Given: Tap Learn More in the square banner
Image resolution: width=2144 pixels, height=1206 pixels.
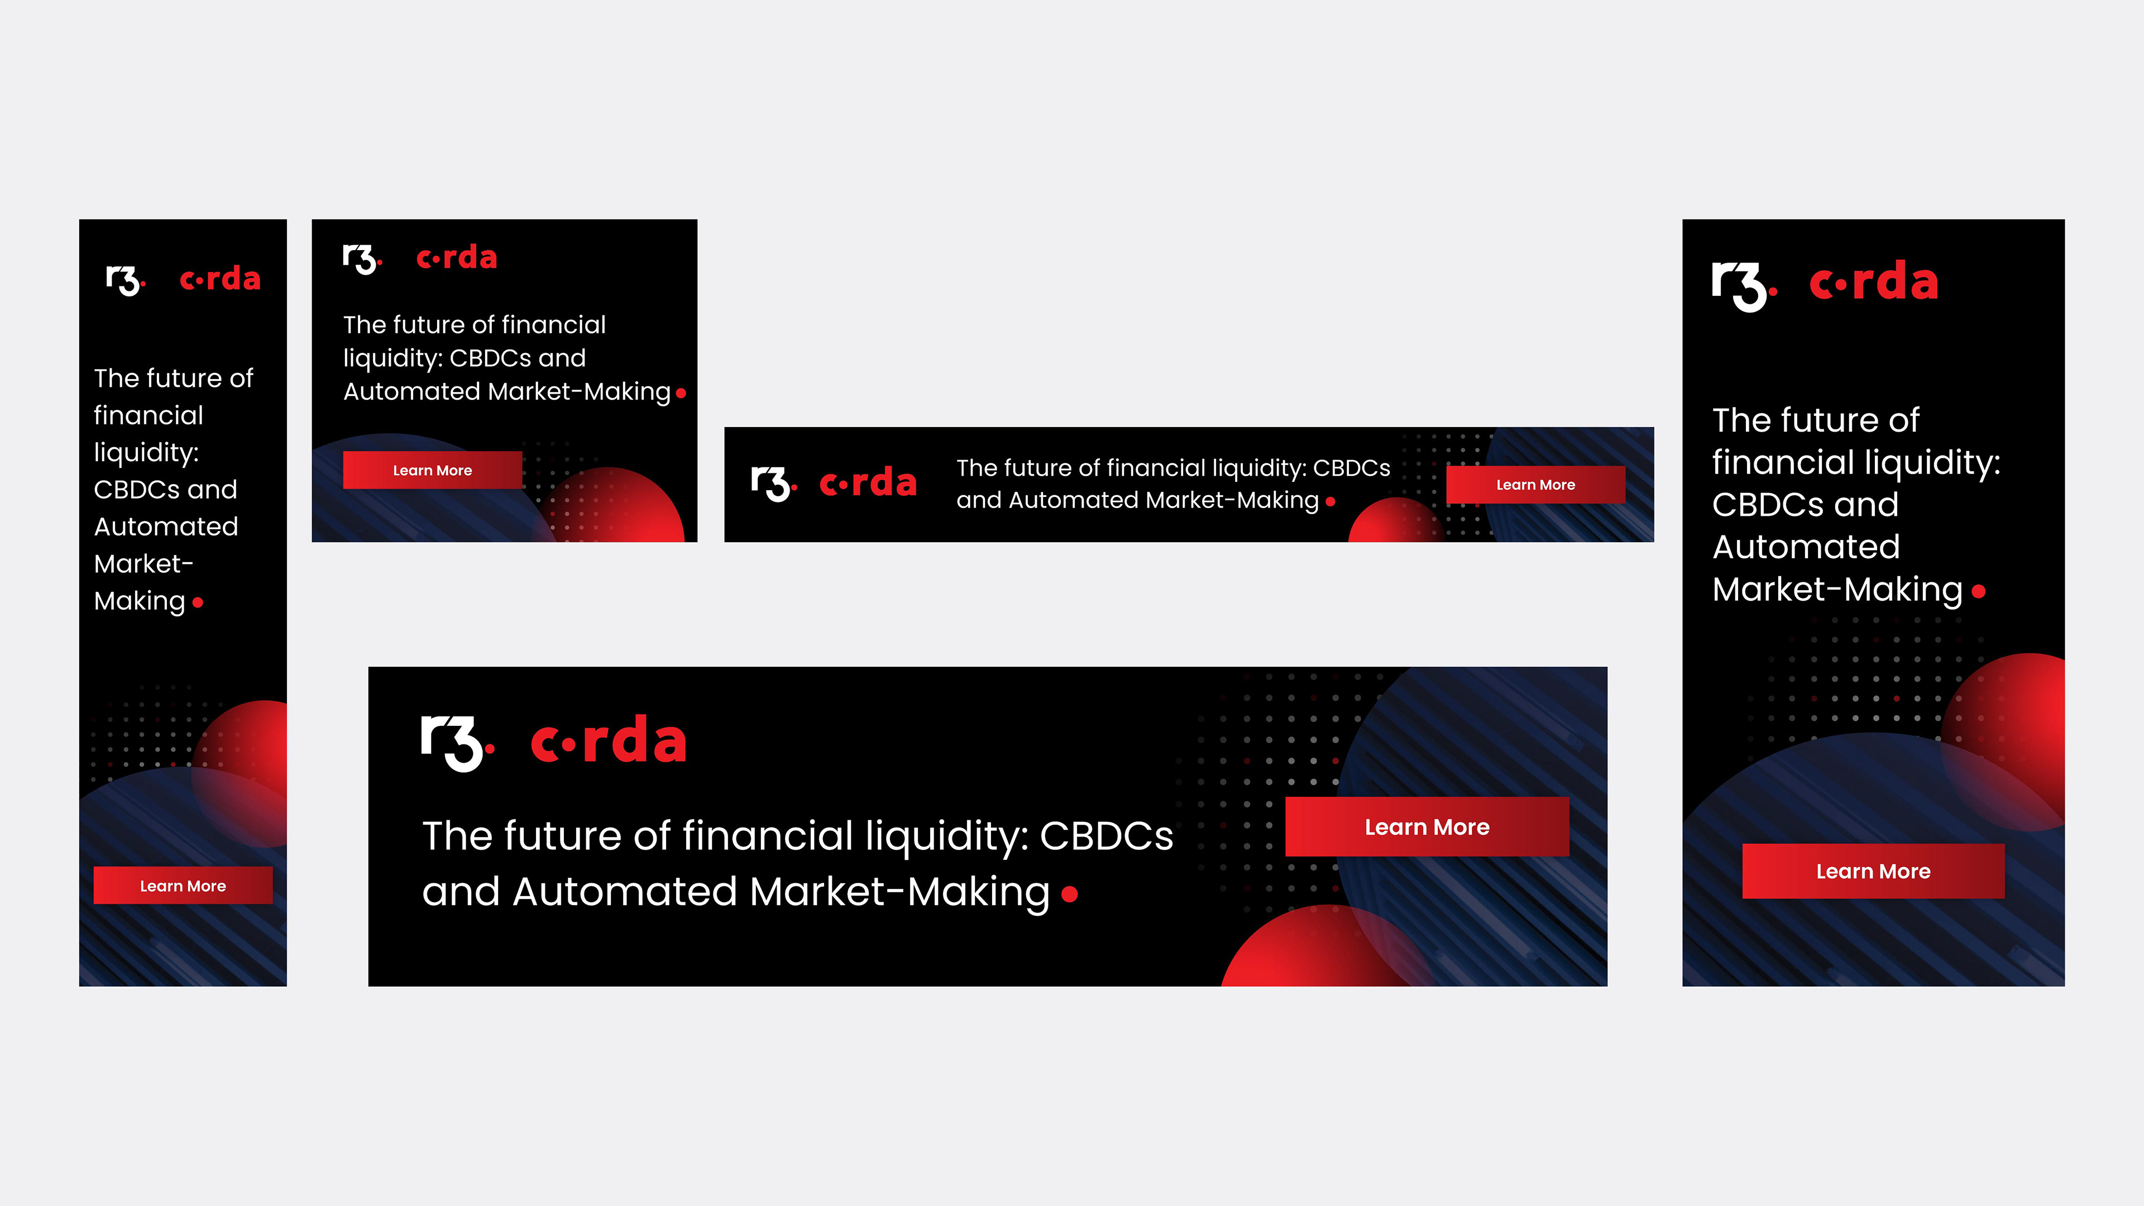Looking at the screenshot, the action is (x=432, y=470).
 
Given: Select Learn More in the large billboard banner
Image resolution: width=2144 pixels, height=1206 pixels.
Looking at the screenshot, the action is (x=1427, y=826).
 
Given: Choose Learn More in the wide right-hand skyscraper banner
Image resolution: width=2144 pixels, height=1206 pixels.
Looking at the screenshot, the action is (x=1873, y=872).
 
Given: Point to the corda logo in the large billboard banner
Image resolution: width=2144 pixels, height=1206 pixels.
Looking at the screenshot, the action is (x=609, y=739).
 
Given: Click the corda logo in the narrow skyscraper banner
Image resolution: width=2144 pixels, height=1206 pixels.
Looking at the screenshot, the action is (x=220, y=278).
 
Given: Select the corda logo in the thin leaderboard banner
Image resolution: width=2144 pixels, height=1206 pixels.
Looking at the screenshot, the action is (x=868, y=482).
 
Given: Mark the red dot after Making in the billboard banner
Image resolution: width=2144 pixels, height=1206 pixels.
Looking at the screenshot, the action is (x=1070, y=894).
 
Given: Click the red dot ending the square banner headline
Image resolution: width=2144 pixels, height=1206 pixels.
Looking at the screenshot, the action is (x=681, y=393).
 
